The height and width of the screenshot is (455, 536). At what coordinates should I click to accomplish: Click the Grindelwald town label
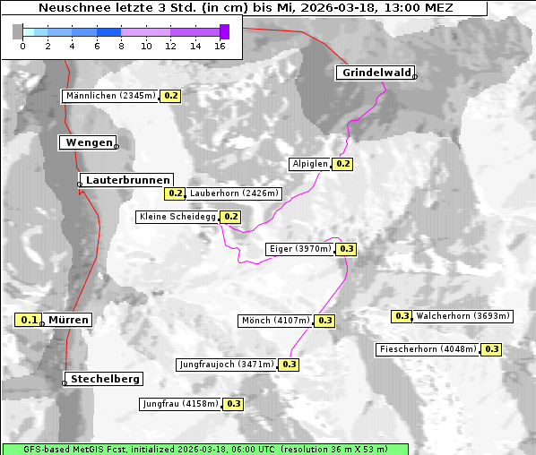[376, 73]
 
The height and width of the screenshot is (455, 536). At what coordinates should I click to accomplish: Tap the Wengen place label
[89, 142]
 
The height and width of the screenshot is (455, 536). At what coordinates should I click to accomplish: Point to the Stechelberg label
[102, 379]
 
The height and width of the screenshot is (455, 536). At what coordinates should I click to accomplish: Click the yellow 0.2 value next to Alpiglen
[342, 164]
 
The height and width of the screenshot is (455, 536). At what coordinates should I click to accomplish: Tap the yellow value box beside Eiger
[347, 249]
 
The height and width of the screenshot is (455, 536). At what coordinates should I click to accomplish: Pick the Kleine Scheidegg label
[177, 217]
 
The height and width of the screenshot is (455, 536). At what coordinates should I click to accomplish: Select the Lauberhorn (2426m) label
[235, 193]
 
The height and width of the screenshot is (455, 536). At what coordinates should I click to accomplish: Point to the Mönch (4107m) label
[275, 321]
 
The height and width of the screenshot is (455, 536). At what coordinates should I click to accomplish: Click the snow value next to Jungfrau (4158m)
[233, 404]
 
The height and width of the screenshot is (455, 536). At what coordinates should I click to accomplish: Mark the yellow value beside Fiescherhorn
[491, 349]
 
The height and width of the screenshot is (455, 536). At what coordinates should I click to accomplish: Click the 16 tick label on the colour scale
[220, 45]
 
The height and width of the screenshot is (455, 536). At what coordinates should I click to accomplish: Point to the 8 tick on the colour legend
[121, 45]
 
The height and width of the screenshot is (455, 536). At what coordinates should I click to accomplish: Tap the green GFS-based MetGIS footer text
[204, 449]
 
